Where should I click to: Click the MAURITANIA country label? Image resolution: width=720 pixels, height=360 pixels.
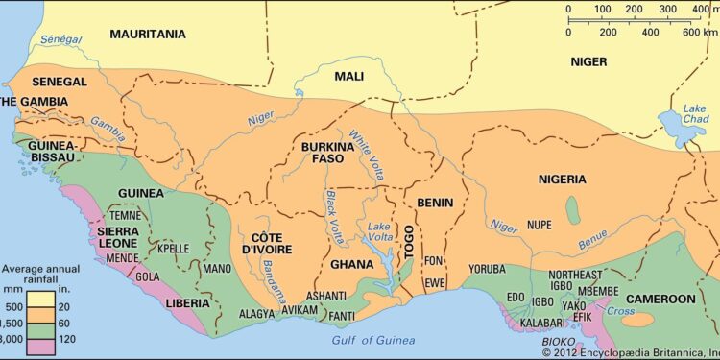coord(147,34)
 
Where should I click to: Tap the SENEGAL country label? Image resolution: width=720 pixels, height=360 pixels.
coord(60,82)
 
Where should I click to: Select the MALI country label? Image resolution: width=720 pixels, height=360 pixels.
coord(348,76)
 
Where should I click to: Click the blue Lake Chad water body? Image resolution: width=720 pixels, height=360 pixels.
coord(674,125)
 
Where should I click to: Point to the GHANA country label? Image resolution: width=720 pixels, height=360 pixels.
coord(351,264)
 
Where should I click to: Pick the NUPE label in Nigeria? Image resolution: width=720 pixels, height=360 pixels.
coord(540,225)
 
